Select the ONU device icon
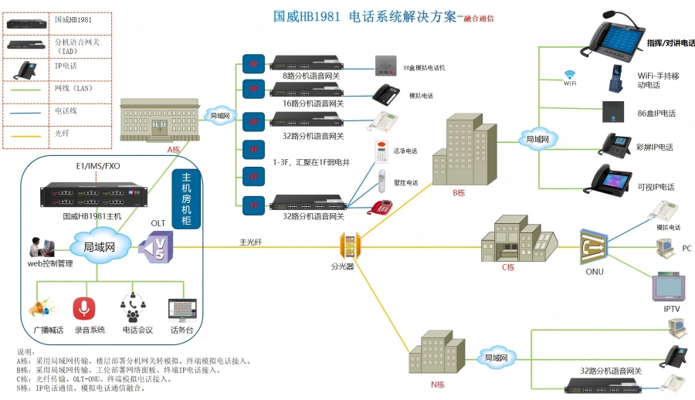pyautogui.click(x=595, y=248)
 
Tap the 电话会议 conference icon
pyautogui.click(x=133, y=308)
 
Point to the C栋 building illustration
pyautogui.click(x=518, y=238)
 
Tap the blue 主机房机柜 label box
pyautogui.click(x=186, y=198)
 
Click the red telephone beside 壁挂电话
pyautogui.click(x=383, y=206)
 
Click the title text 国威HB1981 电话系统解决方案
pyautogui.click(x=365, y=17)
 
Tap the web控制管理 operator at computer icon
pyautogui.click(x=41, y=247)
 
